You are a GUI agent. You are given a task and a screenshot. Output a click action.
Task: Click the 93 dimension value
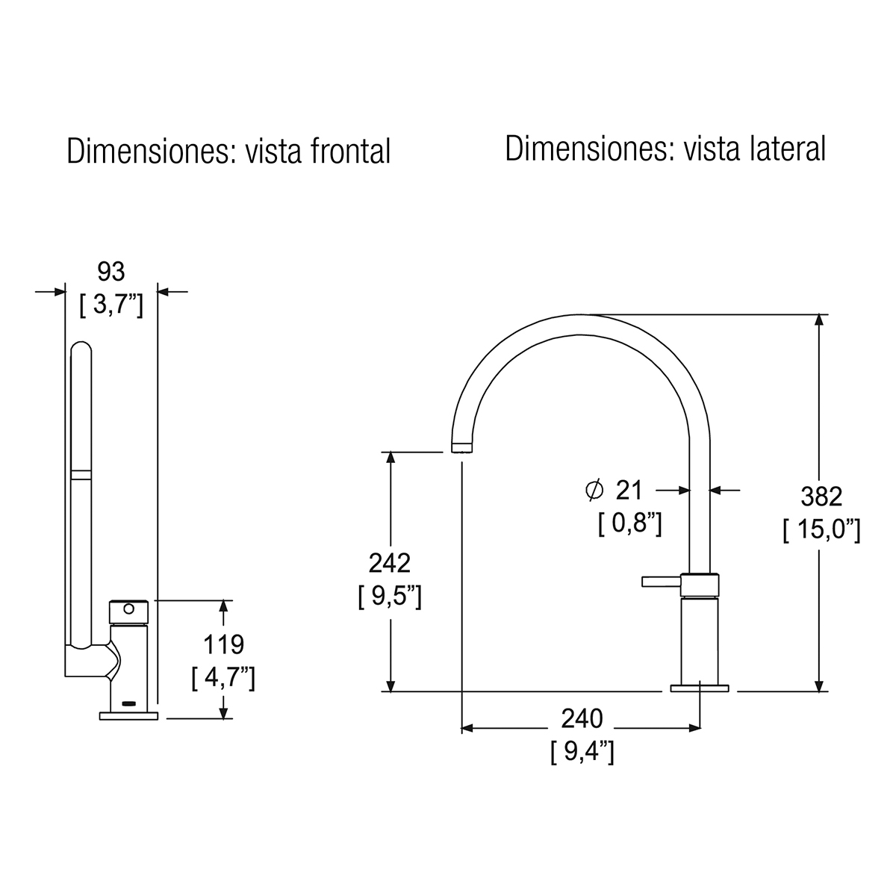tap(111, 272)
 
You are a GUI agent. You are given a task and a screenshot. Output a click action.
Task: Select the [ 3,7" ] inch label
tap(111, 305)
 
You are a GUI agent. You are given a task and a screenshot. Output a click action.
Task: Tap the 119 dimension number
tap(224, 644)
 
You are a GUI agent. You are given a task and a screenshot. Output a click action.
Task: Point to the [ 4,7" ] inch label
tap(224, 679)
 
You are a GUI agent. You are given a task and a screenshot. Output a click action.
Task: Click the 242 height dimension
tap(390, 563)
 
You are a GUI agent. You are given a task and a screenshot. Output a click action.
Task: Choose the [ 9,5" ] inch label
tap(390, 597)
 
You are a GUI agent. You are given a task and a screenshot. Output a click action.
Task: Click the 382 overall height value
tap(821, 497)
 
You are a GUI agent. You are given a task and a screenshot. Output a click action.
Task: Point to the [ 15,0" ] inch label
tap(822, 530)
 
